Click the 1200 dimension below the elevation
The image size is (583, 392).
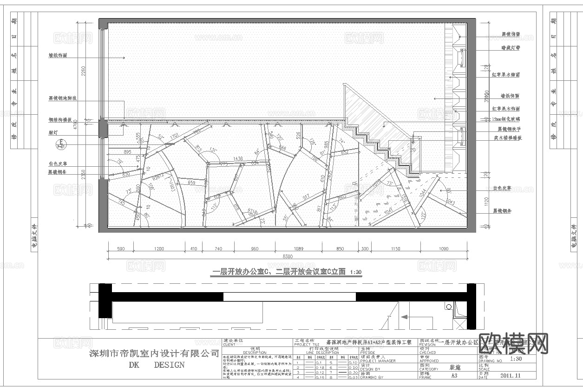pos(159,249)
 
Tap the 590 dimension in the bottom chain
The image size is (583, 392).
pos(121,249)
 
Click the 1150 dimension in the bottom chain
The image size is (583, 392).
pos(395,249)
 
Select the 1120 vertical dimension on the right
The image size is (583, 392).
pos(486,202)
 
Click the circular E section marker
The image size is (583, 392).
pos(61,144)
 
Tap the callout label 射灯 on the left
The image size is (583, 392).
pos(55,131)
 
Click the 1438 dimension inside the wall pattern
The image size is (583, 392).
pos(238,158)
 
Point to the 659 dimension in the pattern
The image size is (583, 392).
pos(191,183)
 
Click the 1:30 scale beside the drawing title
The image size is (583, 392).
pos(355,272)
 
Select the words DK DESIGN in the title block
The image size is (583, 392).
pos(157,365)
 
